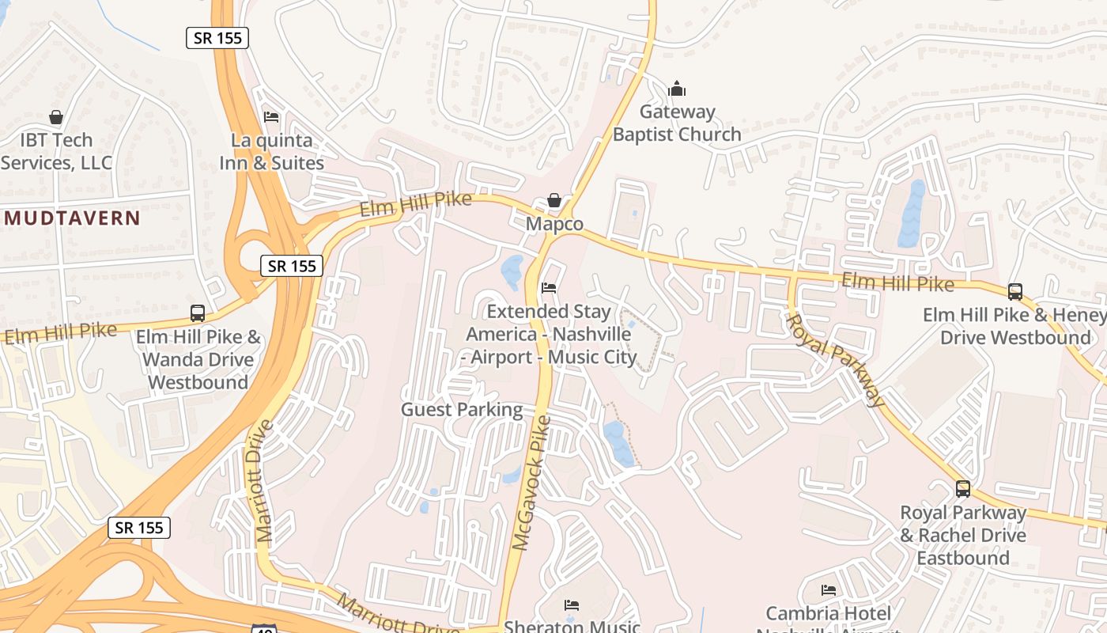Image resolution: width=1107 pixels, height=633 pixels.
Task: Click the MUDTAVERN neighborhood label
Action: (72, 218)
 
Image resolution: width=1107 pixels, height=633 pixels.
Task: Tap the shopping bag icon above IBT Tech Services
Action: (56, 117)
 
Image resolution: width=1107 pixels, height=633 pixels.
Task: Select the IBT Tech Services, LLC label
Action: (57, 152)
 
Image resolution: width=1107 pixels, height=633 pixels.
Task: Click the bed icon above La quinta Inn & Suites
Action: (271, 117)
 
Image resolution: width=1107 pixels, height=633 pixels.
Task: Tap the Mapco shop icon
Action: (554, 200)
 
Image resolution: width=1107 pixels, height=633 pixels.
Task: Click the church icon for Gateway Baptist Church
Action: (677, 88)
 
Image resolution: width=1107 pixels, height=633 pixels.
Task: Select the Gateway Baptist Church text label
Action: (677, 123)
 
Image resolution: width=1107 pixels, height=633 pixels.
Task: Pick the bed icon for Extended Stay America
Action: (549, 288)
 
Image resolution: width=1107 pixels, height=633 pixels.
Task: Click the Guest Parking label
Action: (462, 409)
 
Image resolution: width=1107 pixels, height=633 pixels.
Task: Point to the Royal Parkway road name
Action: (835, 360)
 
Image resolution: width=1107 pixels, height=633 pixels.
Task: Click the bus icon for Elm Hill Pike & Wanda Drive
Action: (198, 313)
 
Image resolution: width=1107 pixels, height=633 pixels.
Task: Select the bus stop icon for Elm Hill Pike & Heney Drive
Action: (1015, 291)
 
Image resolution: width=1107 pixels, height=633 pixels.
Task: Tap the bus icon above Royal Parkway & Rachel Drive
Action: (963, 489)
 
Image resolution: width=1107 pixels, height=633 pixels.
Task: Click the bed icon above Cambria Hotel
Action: (829, 590)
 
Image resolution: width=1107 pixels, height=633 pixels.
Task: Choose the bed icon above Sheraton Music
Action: (572, 605)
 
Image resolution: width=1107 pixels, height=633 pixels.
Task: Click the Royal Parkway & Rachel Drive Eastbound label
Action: (963, 535)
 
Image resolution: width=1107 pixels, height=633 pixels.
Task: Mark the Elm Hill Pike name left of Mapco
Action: (415, 205)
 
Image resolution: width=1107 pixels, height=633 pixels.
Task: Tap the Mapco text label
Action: (555, 225)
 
